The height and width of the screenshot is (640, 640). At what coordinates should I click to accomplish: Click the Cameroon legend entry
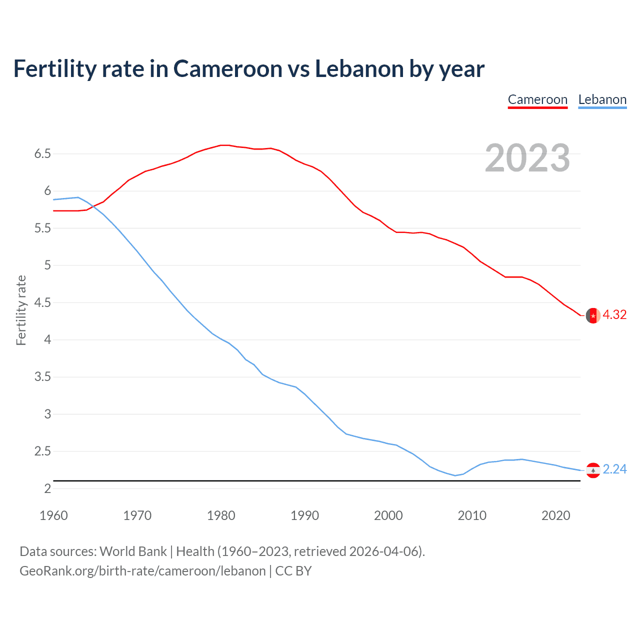point(537,99)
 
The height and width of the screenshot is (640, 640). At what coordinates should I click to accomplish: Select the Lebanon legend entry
point(602,99)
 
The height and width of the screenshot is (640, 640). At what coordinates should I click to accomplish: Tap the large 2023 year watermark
point(527,158)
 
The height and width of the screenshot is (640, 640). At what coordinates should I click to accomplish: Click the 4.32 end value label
point(614,314)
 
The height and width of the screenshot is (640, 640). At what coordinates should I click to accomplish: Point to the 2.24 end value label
point(614,469)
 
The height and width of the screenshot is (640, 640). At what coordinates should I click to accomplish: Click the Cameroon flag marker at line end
point(593,315)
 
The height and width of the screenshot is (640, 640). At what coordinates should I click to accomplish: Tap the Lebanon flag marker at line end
point(593,470)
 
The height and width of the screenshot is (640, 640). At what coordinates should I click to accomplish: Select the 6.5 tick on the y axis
point(42,153)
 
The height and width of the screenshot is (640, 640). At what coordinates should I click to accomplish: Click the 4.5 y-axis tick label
point(42,302)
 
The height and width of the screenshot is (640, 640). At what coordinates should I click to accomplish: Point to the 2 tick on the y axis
point(47,488)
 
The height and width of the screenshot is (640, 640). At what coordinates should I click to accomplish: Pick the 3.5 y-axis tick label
point(42,377)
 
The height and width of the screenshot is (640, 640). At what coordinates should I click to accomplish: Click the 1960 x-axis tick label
point(53,515)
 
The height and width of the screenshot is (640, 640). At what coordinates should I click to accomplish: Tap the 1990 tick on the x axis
point(304,515)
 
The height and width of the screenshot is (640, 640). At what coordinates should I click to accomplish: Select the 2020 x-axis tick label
point(555,515)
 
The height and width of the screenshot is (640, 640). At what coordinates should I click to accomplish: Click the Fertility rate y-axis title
point(21,310)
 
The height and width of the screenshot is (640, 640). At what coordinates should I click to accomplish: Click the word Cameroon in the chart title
point(227,68)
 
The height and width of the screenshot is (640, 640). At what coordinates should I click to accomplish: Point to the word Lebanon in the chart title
point(359,68)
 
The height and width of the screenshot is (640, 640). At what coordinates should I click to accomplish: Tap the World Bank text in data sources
point(133,551)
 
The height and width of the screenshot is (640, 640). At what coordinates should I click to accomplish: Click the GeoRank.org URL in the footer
point(142,571)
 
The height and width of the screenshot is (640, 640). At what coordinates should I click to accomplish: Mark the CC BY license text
point(293,571)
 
